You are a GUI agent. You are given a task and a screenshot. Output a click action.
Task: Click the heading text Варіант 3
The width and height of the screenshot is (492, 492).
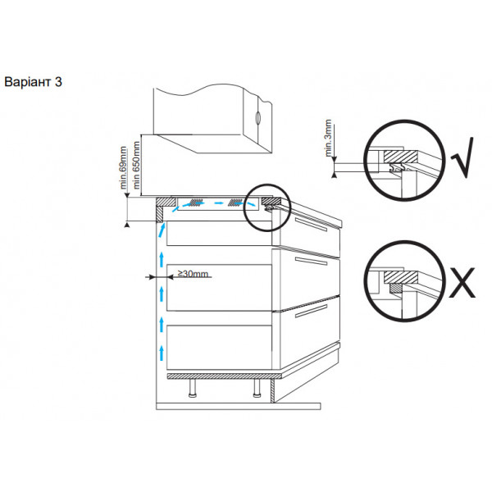coord(33,82)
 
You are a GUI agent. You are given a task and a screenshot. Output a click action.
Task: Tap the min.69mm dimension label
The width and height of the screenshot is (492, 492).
coord(123,167)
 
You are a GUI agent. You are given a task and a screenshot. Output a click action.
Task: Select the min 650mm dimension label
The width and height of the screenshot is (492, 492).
coord(136,165)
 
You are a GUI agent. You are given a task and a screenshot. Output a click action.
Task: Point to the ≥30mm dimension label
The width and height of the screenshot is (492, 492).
coord(193,274)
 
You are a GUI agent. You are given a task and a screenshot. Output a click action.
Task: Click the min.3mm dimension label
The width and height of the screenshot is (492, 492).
coord(328,138)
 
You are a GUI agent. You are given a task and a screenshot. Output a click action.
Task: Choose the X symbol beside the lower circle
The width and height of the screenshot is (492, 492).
coord(462,282)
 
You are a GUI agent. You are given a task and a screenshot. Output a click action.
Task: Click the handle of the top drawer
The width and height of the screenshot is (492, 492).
coord(311,224)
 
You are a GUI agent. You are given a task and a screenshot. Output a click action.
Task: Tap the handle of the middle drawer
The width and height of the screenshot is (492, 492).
coord(312,261)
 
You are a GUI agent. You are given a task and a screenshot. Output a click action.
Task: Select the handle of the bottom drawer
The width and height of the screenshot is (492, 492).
coord(312,311)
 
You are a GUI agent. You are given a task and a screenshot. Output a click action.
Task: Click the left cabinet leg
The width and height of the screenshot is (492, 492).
coord(192,388)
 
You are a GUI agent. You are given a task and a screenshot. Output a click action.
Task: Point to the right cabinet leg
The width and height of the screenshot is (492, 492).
coord(257,388)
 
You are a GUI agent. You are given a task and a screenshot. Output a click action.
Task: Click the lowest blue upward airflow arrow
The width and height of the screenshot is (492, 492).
coord(162,353)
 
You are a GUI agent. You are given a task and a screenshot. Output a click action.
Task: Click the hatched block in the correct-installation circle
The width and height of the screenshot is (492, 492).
coord(401,157)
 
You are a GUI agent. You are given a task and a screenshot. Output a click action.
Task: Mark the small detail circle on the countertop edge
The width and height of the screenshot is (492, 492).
coord(267,207)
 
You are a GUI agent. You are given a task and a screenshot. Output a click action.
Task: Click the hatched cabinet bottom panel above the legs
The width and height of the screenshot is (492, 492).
coord(224,376)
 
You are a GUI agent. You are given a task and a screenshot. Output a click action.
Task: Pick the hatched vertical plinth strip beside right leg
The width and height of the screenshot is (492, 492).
coord(273,390)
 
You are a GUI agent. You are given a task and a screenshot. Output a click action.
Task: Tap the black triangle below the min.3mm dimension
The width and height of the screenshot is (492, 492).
coord(335,175)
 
